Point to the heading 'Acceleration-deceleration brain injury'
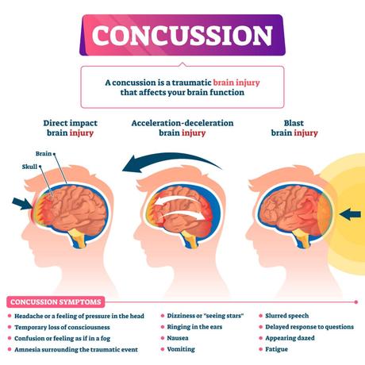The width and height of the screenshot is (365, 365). point(183,129)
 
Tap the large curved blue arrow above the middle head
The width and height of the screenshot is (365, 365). point(167,161)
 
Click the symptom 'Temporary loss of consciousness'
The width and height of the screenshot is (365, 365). point(67,326)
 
